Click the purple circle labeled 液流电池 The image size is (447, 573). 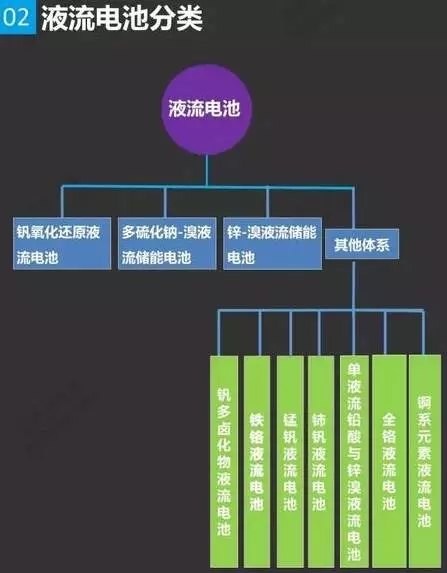[207, 110]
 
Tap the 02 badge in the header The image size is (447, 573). [18, 17]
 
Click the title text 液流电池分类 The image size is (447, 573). [122, 18]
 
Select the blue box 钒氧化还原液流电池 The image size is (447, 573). [62, 243]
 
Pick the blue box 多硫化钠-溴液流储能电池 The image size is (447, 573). [167, 243]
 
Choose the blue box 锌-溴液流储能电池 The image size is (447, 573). [273, 243]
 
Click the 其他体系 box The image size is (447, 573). [362, 244]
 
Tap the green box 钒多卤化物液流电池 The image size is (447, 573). [224, 462]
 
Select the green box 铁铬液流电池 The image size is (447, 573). [257, 462]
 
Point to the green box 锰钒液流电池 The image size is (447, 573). [290, 462]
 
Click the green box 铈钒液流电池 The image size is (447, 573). [321, 462]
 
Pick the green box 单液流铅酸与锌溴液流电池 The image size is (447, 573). [354, 462]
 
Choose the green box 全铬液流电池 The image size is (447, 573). [389, 462]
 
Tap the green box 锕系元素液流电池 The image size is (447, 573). [425, 462]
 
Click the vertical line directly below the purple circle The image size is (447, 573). [207, 171]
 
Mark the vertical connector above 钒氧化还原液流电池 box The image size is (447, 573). [62, 202]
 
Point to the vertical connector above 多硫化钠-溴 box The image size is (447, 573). [165, 202]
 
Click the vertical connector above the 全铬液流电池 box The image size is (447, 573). [385, 333]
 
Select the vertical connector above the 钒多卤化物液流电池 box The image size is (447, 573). [219, 333]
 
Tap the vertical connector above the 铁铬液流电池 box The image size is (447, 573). [260, 333]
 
